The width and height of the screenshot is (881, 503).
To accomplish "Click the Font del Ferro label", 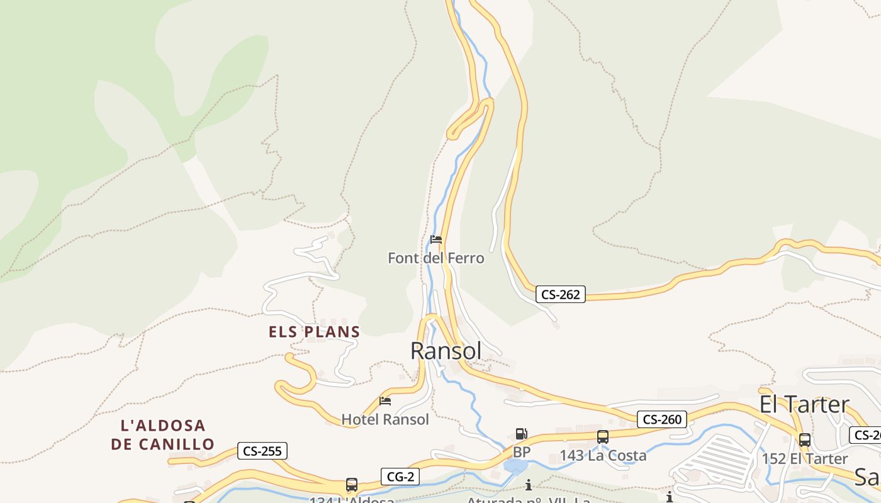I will point(435,258).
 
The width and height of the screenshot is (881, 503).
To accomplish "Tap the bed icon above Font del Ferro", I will point(435,240).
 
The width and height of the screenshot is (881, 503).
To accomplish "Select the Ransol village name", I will point(446,351).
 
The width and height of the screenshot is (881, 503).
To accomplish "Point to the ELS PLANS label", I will point(314,332).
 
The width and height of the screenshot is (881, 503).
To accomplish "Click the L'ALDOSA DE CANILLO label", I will point(163,434).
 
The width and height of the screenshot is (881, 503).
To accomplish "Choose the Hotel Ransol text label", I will point(384,419).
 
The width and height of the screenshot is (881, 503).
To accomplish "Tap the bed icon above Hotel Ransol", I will point(385,401).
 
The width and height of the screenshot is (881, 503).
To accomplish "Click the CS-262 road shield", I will point(561,294).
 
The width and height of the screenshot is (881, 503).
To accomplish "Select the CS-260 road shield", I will point(661,419).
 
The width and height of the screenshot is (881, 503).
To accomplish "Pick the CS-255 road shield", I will point(262,451).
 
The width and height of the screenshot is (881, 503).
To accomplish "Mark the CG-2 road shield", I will point(400,477).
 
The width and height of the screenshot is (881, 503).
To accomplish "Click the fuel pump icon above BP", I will point(521,434).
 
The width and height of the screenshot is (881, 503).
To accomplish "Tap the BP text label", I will point(522,452).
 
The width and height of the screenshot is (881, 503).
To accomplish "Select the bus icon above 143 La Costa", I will point(603,437).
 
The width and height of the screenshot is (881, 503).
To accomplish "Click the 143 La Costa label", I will point(603,456).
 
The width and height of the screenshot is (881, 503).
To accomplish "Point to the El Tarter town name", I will point(804,404).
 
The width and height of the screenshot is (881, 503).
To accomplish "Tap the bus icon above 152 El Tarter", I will point(805,440).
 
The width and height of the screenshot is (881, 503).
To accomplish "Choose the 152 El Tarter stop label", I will point(805,459).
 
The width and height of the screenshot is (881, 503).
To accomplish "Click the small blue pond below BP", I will point(515,466).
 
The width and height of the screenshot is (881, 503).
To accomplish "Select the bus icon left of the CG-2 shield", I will point(352,485).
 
